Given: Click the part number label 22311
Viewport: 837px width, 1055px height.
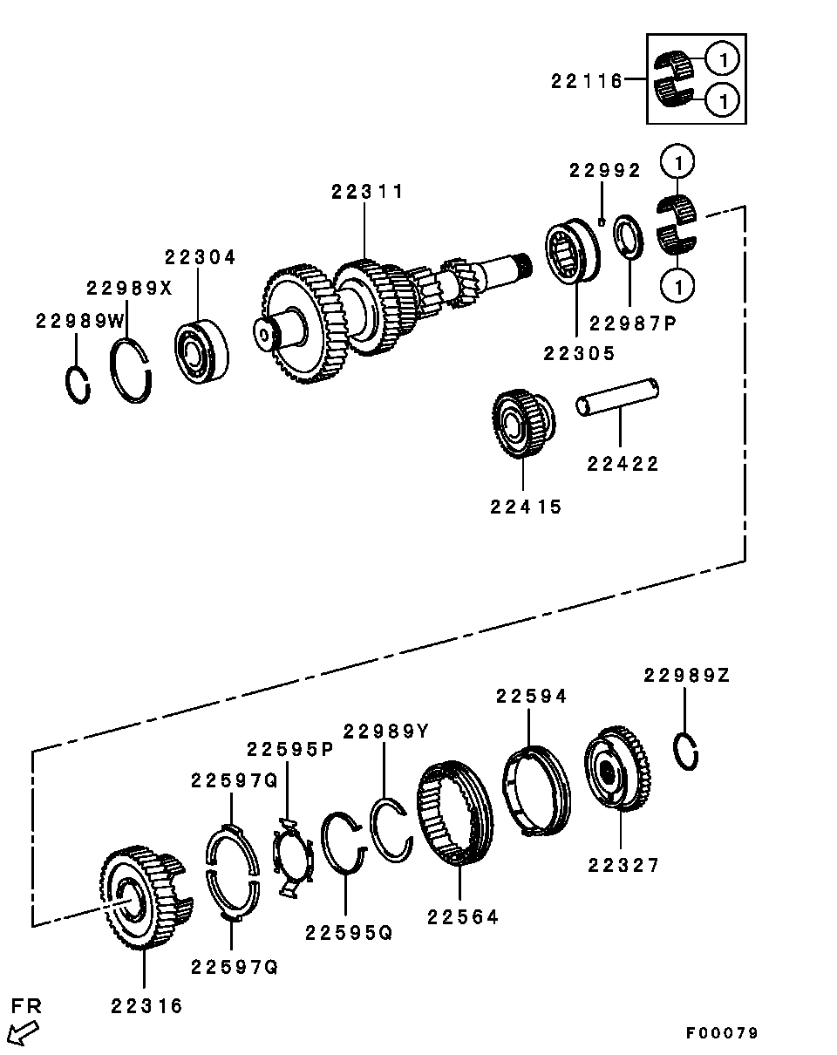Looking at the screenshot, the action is pos(367,192).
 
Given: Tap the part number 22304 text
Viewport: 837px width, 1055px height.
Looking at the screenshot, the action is pos(200,257).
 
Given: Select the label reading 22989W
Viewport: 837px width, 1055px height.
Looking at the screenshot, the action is pos(80,322).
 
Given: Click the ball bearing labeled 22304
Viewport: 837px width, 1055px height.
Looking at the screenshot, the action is pos(201,351).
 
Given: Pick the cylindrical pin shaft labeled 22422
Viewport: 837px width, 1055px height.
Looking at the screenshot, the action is pos(616,397).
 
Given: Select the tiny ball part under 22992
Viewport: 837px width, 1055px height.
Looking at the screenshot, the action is pos(602,222).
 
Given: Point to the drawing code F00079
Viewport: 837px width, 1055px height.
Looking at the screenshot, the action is pos(722,1033).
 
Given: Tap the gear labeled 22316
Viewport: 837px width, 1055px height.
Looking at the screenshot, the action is pos(146,898).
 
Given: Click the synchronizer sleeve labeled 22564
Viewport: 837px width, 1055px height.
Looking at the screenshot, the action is pos(455,813).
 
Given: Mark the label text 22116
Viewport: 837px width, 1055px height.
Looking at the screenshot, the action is pos(587,81).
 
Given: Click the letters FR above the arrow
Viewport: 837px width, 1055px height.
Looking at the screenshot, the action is pos(26,1006).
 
